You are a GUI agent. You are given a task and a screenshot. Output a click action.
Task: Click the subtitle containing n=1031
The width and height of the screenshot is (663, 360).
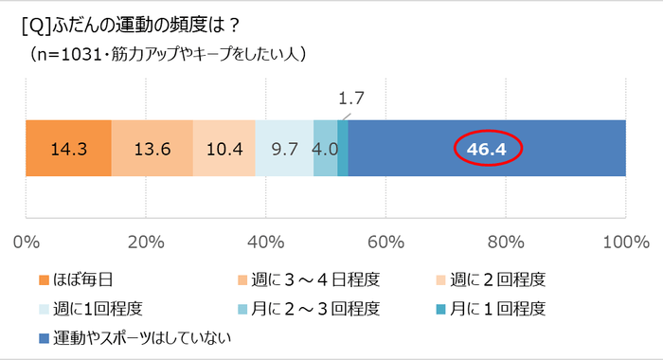click(166, 54)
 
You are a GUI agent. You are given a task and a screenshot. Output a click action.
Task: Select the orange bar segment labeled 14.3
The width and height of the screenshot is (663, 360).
click(68, 149)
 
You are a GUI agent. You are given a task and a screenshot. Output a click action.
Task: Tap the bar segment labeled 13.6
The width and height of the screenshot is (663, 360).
click(152, 149)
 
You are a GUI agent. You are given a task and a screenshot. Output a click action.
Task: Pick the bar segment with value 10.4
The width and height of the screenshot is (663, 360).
click(224, 149)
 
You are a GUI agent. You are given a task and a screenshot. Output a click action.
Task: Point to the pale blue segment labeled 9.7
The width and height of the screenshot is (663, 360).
click(284, 149)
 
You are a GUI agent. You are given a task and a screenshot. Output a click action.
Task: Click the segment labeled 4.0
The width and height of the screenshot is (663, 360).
click(325, 149)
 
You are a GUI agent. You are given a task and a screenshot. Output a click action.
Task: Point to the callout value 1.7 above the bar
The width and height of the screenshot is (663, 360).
click(351, 98)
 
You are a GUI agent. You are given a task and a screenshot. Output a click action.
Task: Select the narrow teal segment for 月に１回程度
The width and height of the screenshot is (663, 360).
click(343, 149)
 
